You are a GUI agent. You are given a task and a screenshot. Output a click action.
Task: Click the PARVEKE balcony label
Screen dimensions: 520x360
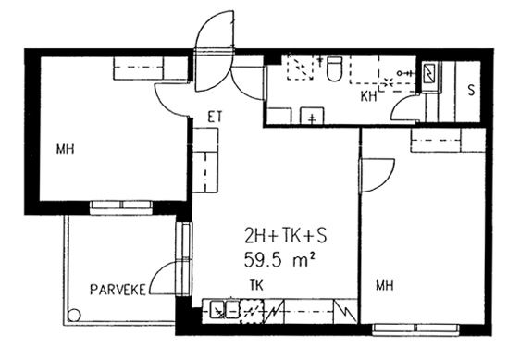coord(118,290)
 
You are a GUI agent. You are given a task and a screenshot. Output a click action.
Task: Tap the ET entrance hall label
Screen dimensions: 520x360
coord(215,118)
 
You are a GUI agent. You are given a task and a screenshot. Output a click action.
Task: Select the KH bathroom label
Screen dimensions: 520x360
coord(369,96)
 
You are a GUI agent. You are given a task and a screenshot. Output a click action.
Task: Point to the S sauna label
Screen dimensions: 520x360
coord(471,91)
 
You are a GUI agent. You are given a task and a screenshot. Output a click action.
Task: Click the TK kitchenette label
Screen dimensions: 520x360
coord(256,285)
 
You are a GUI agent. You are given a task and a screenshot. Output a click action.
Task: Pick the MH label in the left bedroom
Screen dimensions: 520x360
coord(66,149)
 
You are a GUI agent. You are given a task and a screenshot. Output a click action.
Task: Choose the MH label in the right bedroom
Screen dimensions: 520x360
coord(385,285)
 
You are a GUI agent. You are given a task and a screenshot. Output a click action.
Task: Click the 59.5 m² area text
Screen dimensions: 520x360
coord(279,259)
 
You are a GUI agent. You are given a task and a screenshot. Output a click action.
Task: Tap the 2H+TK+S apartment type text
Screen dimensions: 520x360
coord(286,236)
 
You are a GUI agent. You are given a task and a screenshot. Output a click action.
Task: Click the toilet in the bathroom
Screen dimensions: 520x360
coord(334,68)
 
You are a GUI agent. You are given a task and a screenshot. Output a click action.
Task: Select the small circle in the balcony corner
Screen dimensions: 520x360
coord(74,315)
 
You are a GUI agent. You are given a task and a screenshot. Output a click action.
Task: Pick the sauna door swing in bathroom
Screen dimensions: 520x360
coord(400,106)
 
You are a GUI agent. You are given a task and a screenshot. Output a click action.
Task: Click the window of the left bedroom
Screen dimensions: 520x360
coord(121,207)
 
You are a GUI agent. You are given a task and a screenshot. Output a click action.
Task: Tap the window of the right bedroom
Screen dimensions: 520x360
coord(415,329)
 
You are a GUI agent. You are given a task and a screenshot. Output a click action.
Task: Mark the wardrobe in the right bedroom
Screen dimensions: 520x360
coord(448,140)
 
